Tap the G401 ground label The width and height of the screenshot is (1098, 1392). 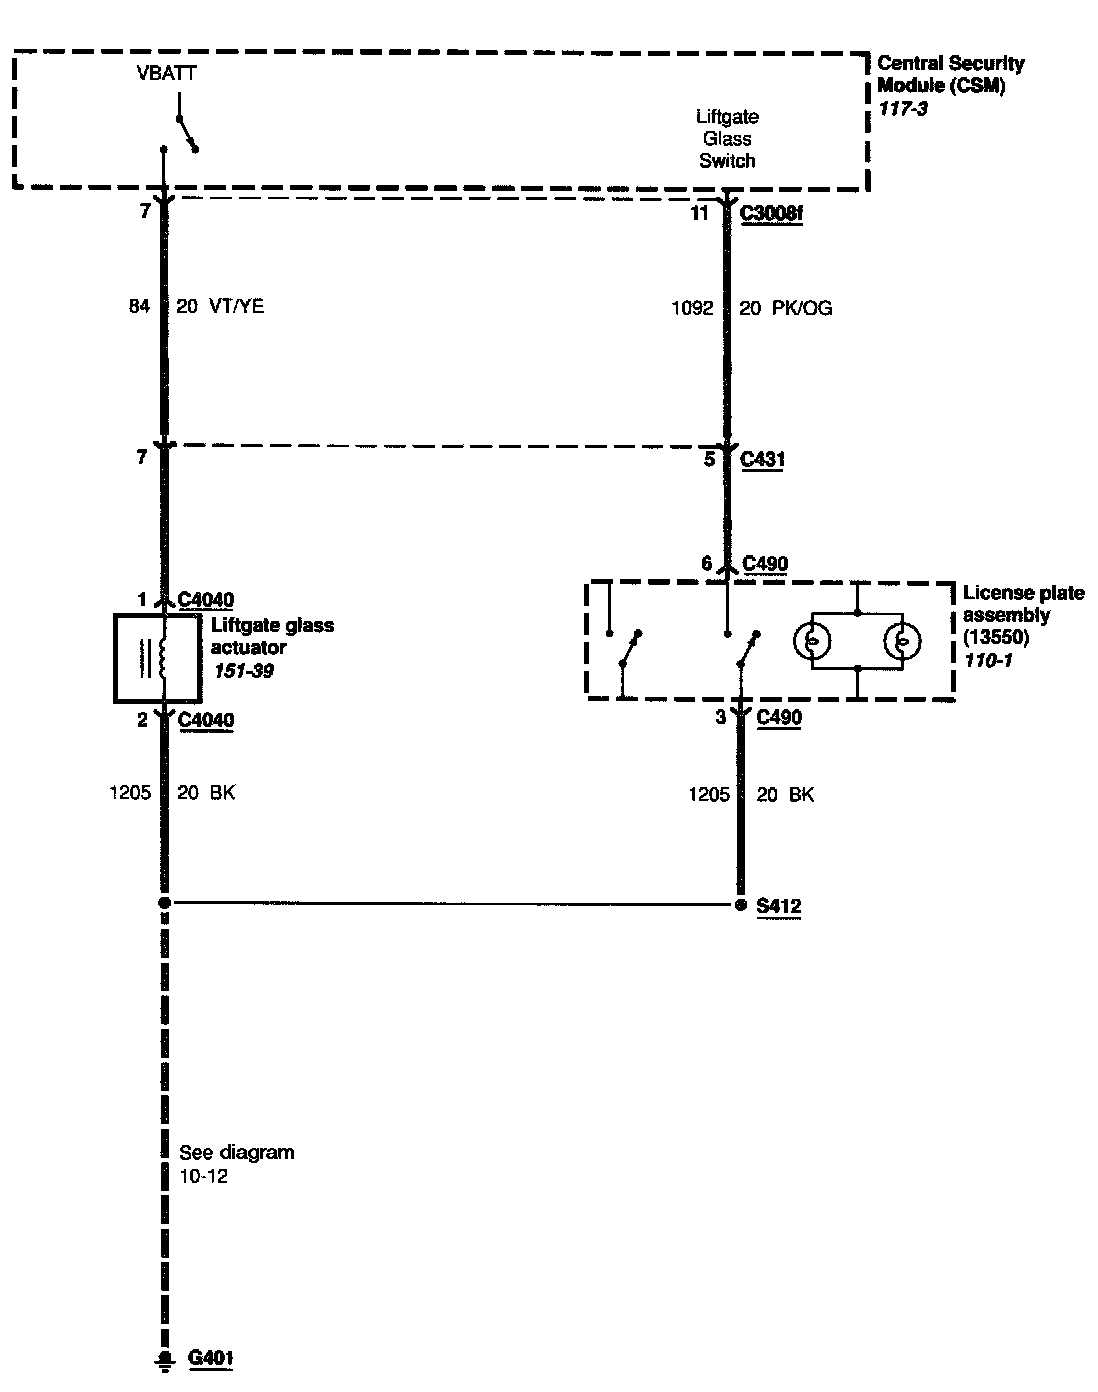211,1358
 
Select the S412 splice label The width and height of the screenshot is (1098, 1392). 778,907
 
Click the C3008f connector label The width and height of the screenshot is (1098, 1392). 771,214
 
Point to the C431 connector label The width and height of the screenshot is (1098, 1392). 763,460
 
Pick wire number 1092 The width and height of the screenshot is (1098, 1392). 692,309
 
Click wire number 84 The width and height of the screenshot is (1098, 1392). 138,306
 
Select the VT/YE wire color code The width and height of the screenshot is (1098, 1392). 237,306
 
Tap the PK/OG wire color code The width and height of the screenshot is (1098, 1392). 800,309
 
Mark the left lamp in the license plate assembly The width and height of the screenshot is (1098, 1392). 813,640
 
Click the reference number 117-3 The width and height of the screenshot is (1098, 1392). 903,108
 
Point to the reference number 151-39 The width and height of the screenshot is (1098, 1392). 243,671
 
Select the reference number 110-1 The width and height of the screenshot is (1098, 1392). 988,660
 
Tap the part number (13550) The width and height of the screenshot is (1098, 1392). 996,638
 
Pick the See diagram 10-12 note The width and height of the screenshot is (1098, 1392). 236,1164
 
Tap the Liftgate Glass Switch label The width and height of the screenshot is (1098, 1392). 727,139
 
